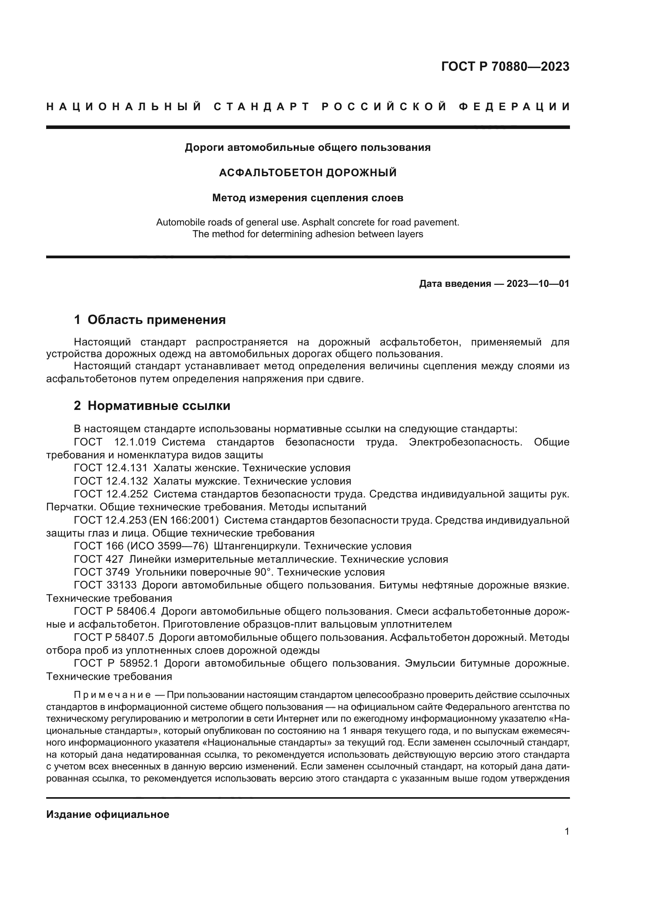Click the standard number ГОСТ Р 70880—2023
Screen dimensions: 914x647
505,66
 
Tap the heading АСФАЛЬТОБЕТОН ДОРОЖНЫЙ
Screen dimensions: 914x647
307,172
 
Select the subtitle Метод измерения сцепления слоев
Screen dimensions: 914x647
307,198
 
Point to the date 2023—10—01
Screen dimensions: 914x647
537,284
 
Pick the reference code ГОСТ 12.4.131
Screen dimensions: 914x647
111,468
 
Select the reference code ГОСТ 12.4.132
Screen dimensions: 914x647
111,481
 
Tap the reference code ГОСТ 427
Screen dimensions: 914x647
99,559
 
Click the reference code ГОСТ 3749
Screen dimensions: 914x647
102,572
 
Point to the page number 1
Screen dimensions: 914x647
566,832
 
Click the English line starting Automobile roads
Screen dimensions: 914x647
307,222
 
